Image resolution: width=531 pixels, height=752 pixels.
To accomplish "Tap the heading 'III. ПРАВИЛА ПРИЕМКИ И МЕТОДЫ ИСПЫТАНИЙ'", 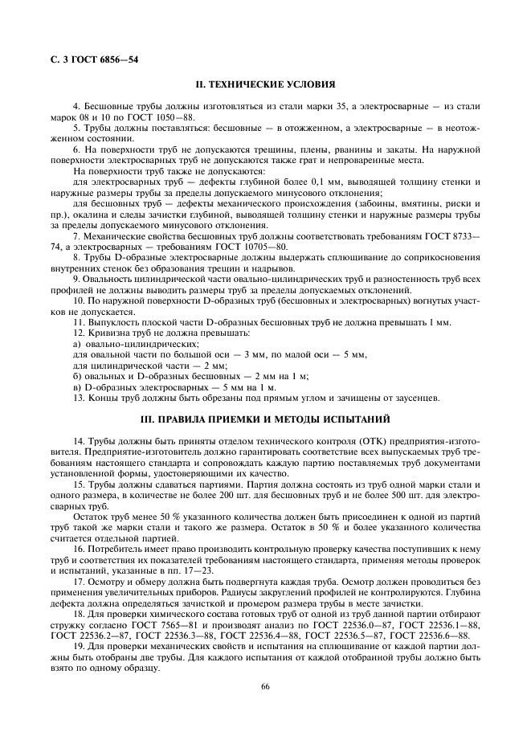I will click(265, 419).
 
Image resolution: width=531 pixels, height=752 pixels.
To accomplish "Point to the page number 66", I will click(265, 685).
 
